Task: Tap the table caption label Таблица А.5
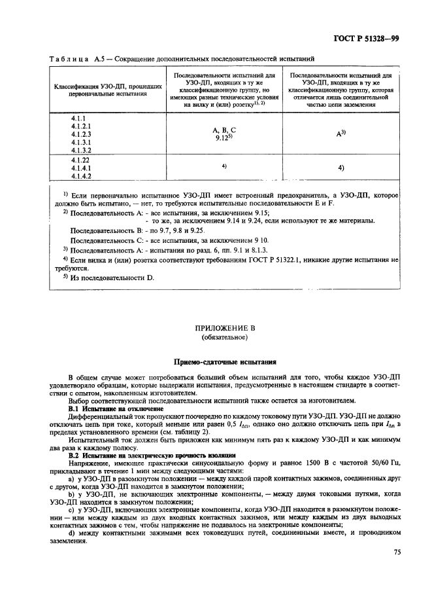(x=73, y=60)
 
